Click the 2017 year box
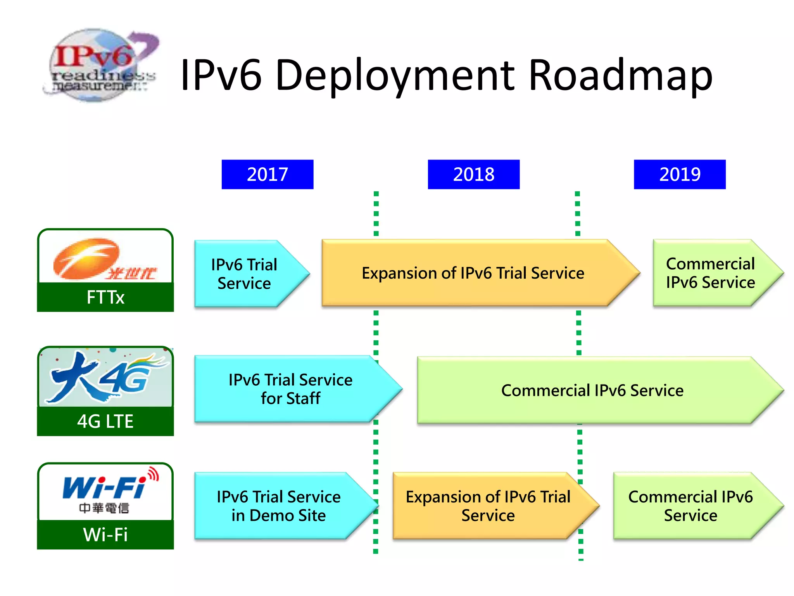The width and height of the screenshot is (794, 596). point(268,174)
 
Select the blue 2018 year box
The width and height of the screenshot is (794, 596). point(473,174)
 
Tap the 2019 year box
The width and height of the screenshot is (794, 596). point(680,174)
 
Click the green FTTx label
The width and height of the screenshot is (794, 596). point(105,297)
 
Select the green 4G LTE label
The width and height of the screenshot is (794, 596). point(105,421)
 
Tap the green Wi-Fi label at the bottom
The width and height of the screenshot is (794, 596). point(105,535)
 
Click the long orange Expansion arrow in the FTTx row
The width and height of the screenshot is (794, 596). point(473,273)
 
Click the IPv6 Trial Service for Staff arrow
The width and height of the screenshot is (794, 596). point(291,389)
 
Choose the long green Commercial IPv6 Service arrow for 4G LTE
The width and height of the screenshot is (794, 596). point(592,390)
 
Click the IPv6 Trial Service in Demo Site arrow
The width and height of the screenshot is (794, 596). point(279,506)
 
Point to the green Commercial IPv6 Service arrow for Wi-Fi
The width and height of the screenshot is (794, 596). point(690,506)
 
